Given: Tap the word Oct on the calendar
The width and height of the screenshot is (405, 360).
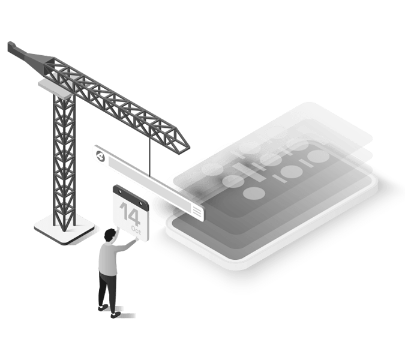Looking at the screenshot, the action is (136, 230).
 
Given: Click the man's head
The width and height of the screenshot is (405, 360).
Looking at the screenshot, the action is (110, 235).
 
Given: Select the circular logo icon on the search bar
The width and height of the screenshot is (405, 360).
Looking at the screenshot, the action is (101, 156).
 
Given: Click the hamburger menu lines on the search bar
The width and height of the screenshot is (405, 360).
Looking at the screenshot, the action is (197, 212).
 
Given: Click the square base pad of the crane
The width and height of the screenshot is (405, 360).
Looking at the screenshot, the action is (64, 229).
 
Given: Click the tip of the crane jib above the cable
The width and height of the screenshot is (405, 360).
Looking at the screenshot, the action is (190, 148).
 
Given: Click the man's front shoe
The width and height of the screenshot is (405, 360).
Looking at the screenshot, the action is (115, 315).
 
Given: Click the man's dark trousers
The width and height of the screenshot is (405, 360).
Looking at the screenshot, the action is (107, 291).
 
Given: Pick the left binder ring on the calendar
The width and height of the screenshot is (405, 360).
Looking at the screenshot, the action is (119, 191).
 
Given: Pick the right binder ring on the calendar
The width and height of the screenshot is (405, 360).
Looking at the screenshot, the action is (141, 203).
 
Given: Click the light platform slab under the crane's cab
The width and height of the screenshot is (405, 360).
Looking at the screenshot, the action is (56, 89).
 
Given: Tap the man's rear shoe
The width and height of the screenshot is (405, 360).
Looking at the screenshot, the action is (103, 307).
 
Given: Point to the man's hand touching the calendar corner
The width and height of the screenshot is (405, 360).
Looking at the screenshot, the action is (136, 239).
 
